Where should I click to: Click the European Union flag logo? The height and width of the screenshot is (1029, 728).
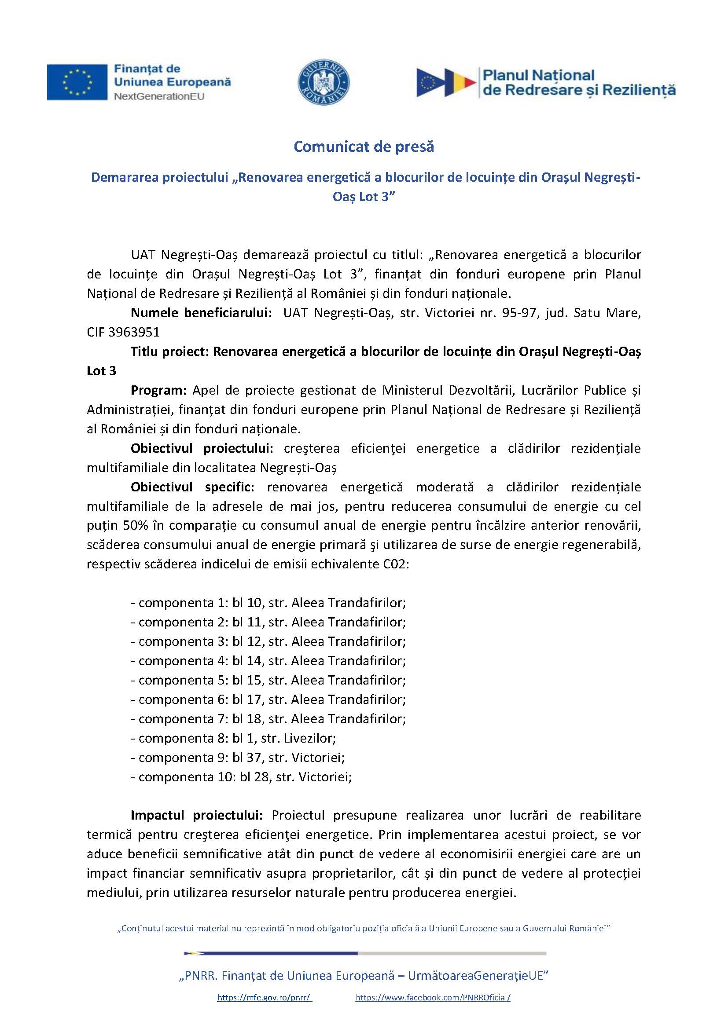(77, 82)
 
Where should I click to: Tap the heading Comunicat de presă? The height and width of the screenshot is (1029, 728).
(364, 146)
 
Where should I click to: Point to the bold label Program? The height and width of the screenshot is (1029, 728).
(158, 390)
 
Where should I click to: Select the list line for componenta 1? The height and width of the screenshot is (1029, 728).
(268, 603)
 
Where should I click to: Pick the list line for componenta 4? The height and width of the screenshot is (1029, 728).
(268, 661)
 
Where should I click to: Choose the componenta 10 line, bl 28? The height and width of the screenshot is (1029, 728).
(241, 776)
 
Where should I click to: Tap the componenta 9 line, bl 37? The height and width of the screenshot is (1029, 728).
(238, 758)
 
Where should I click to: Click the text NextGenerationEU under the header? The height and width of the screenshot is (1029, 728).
(159, 96)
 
